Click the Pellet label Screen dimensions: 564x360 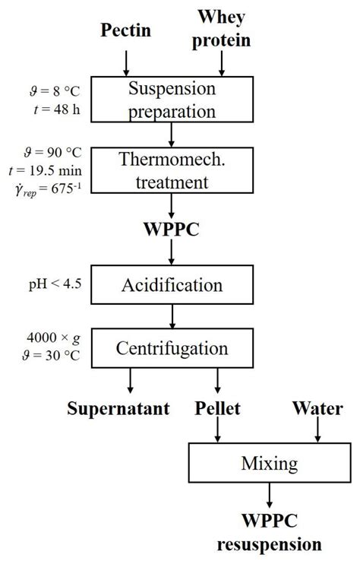click(217, 409)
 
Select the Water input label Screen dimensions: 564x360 click(317, 409)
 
